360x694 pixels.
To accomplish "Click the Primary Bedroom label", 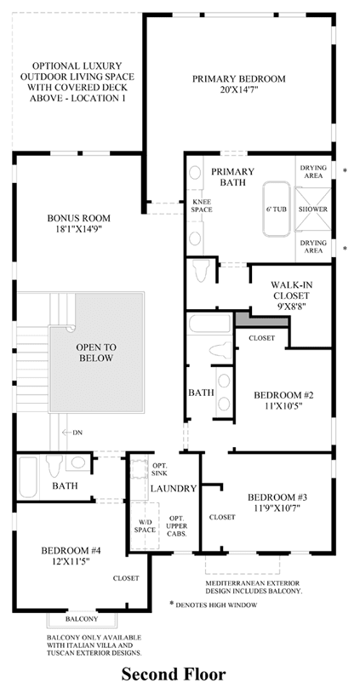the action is pyautogui.click(x=239, y=79).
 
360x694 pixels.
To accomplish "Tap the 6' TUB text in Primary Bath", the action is pyautogui.click(x=277, y=209).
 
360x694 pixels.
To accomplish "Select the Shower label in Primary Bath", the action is pyautogui.click(x=313, y=209).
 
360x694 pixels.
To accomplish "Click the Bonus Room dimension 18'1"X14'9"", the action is pyautogui.click(x=78, y=229).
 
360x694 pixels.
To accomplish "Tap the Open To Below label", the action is pyautogui.click(x=96, y=353).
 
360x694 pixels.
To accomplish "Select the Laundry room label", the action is pyautogui.click(x=174, y=489).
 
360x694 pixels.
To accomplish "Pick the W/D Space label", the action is pyautogui.click(x=145, y=526).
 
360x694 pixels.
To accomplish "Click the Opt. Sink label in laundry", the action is pyautogui.click(x=159, y=469).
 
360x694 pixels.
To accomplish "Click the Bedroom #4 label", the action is pyautogui.click(x=71, y=551).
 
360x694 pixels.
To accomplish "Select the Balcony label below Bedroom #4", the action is pyautogui.click(x=82, y=619).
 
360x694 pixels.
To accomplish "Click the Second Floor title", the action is pyautogui.click(x=174, y=674).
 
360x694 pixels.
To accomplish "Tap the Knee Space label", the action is pyautogui.click(x=201, y=206).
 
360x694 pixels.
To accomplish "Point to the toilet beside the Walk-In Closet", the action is pyautogui.click(x=202, y=271).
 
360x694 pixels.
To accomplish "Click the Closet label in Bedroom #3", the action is pyautogui.click(x=222, y=517).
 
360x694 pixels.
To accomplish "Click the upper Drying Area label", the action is pyautogui.click(x=313, y=172).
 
